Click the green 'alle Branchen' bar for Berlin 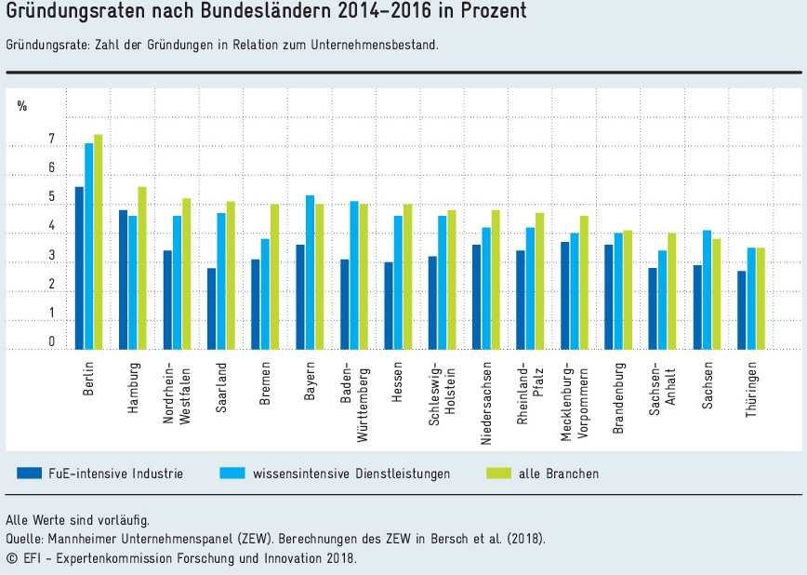[98, 242]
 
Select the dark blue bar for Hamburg [123, 279]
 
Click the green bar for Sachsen [717, 294]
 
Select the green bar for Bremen [274, 276]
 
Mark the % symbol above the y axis [22, 106]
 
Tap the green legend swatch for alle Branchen [499, 473]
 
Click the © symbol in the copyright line [11, 557]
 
